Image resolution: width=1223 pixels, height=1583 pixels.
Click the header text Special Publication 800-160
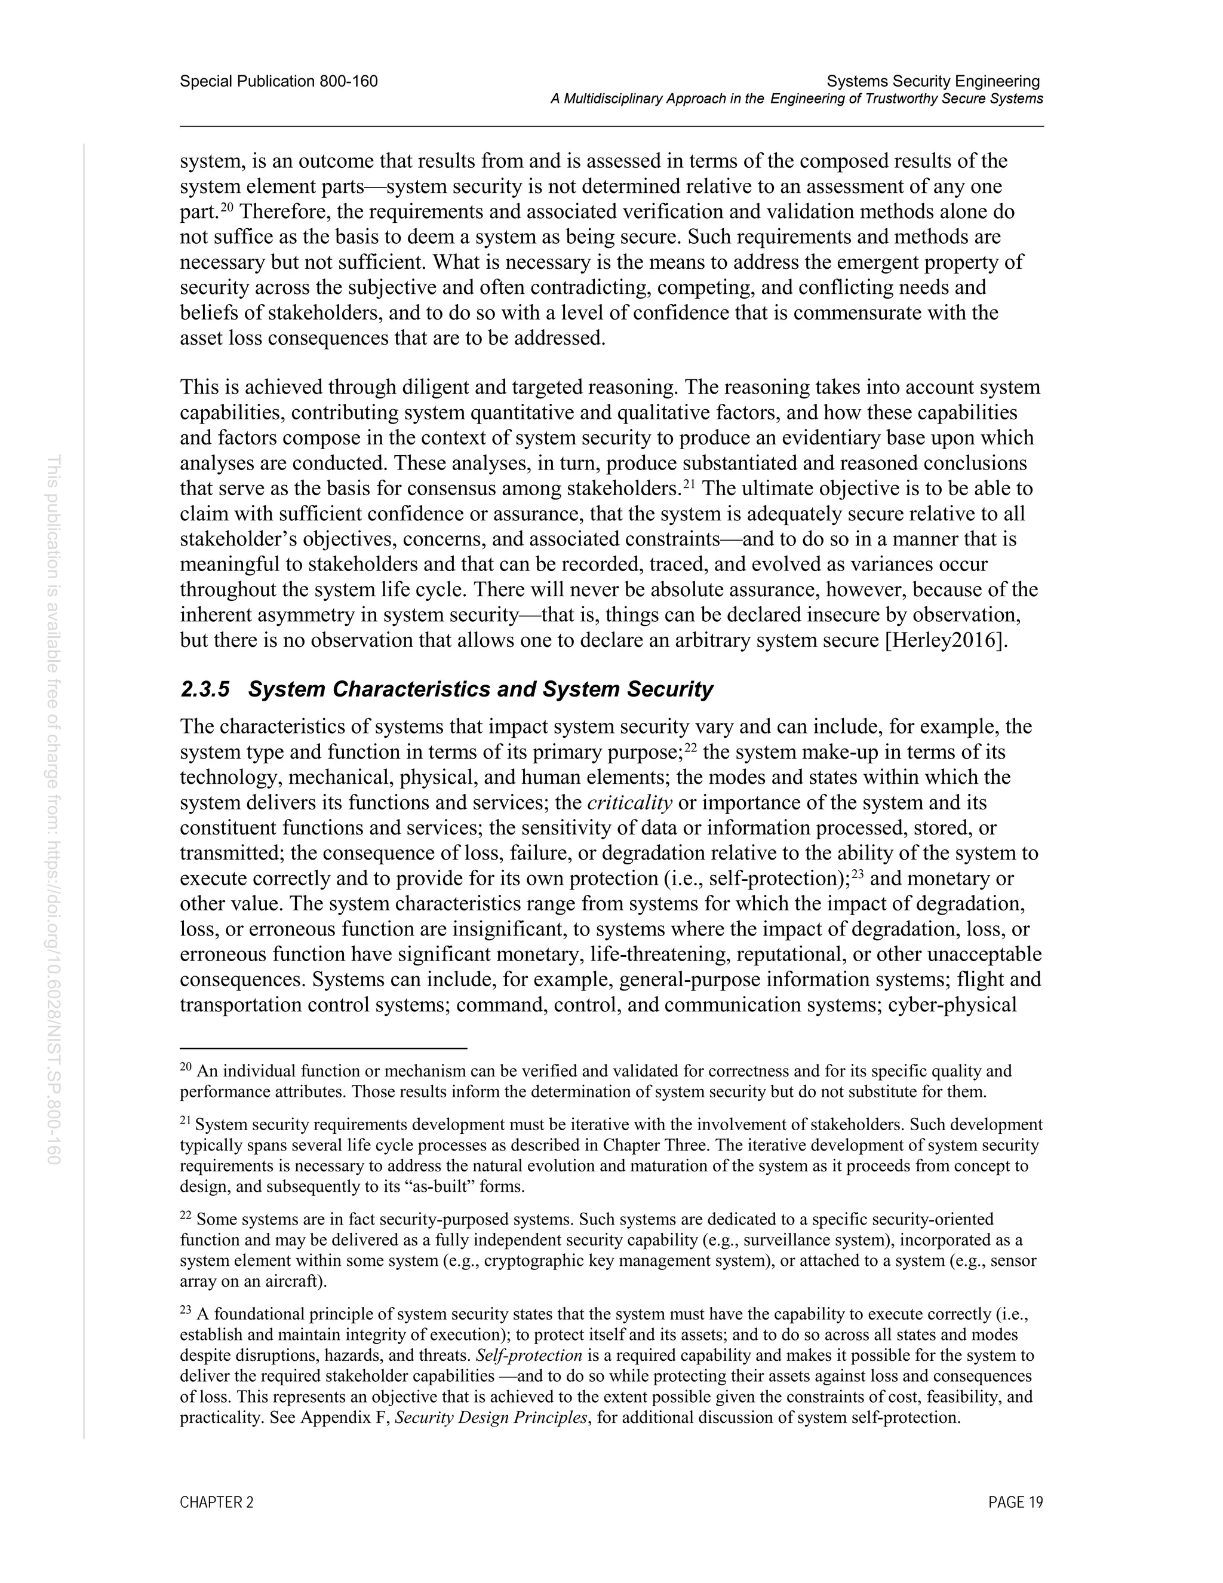click(x=278, y=81)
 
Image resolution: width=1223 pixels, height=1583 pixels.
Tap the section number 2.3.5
click(x=204, y=689)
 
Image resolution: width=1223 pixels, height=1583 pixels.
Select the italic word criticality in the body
click(x=629, y=803)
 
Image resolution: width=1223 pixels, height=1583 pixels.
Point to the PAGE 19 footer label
click(x=1015, y=1502)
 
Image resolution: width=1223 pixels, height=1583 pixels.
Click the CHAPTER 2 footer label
click(x=217, y=1502)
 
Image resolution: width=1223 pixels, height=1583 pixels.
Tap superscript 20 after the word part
click(x=226, y=207)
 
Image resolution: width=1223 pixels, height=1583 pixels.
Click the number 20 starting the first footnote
click(x=186, y=1067)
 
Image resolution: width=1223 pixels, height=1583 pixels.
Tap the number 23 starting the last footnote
click(x=186, y=1310)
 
